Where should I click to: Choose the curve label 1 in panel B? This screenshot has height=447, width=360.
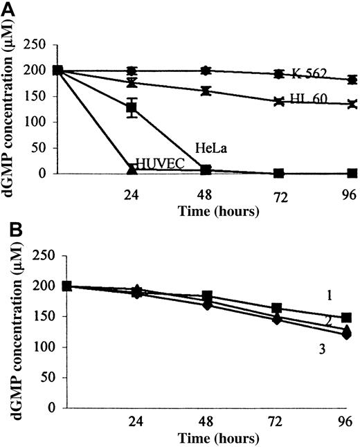pos(330,295)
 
